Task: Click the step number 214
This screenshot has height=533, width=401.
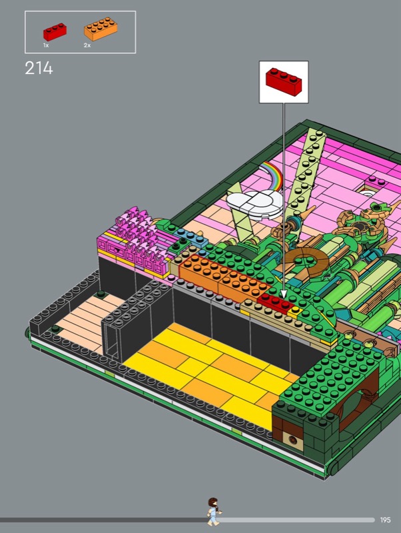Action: coord(39,68)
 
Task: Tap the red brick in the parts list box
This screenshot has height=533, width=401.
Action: coord(55,31)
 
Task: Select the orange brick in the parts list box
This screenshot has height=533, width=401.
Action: coord(101,29)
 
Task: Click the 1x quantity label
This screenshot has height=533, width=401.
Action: coord(46,45)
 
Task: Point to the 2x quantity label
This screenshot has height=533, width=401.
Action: coord(87,45)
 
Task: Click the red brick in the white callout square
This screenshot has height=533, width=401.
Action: coord(284,82)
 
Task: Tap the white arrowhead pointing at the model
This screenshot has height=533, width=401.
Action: coord(283,294)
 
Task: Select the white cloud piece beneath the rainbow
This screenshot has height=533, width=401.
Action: coord(254,203)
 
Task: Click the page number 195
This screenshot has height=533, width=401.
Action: coord(386,520)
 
